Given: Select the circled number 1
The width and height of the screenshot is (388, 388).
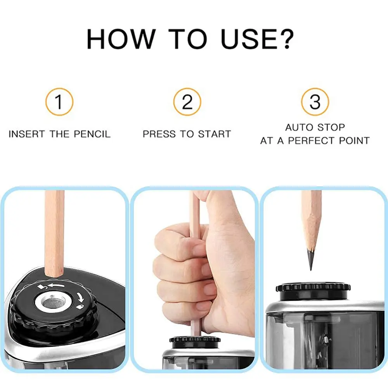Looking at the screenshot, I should [59, 102].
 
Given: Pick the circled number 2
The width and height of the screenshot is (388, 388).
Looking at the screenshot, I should [187, 102].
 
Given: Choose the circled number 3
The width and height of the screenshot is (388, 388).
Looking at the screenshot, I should [315, 102].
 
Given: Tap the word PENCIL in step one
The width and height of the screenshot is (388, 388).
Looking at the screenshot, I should [93, 134].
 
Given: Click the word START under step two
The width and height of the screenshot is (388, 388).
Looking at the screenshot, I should [214, 134].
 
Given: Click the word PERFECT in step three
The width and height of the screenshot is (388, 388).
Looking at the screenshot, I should [314, 140].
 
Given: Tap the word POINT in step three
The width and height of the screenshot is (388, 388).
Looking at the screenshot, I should [355, 140].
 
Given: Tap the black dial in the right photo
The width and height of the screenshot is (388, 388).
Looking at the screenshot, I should [313, 288].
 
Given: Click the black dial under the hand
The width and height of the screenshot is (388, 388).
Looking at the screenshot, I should [195, 339].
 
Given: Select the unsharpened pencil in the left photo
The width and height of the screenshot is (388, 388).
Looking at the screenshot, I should [54, 233].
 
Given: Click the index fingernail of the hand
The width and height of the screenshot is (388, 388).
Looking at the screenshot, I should [199, 250].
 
